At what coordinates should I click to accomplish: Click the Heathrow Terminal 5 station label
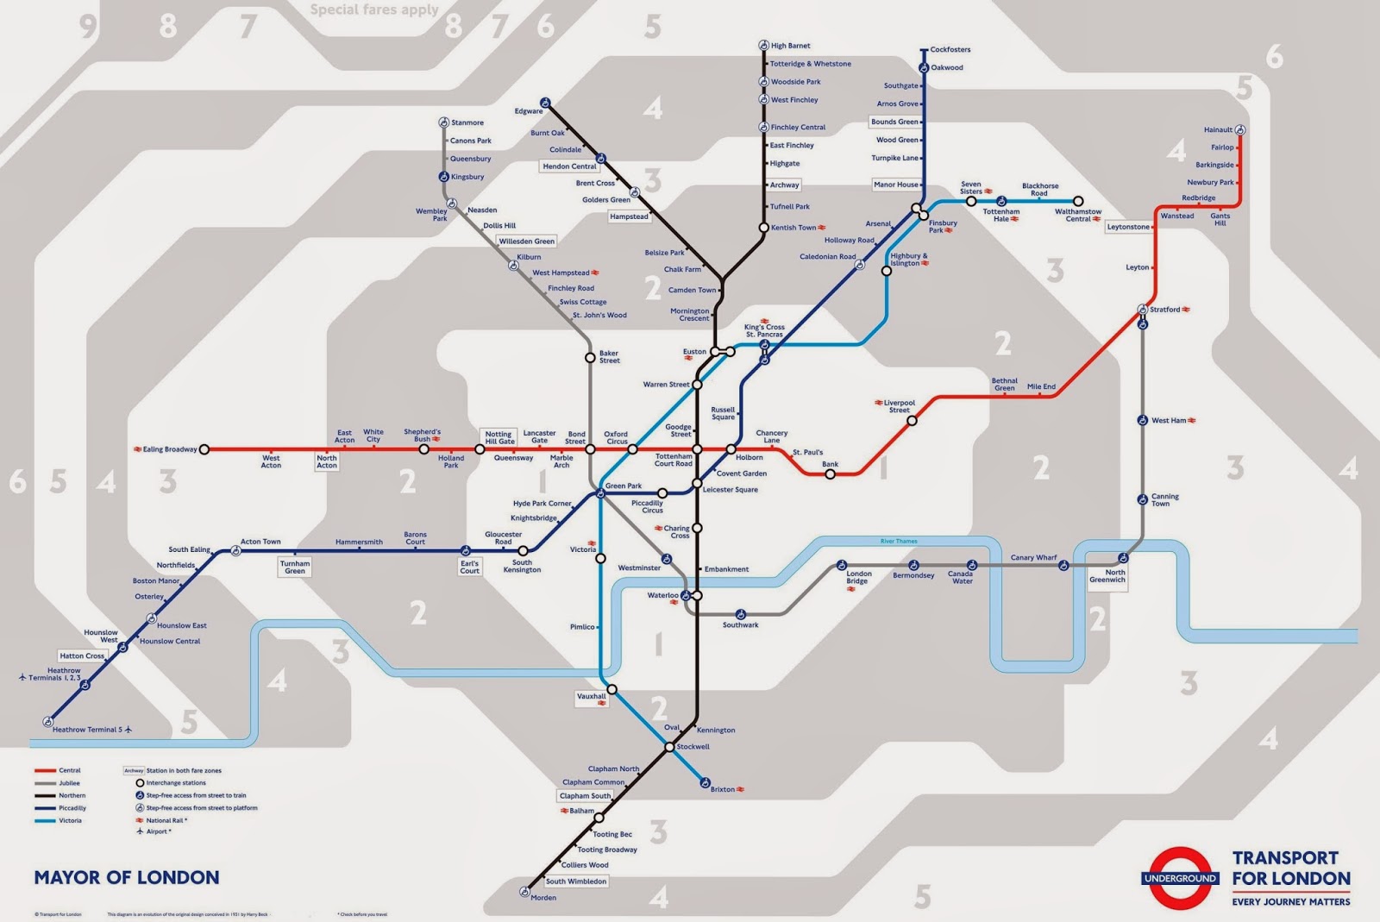point(86,730)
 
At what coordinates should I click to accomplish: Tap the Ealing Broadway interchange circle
point(204,449)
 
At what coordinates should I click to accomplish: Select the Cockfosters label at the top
point(950,50)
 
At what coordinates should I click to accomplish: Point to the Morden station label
point(543,898)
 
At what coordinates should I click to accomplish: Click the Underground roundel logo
point(1179,878)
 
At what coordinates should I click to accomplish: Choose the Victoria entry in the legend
point(70,820)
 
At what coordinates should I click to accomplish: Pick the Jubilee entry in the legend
point(69,783)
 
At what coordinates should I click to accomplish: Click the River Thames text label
point(899,542)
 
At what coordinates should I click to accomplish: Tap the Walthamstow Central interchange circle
point(1077,201)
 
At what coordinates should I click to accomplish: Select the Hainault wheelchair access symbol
point(1240,130)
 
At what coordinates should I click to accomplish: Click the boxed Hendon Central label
point(569,166)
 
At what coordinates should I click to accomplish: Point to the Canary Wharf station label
point(1033,558)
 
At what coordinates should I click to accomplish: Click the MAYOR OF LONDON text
point(127,878)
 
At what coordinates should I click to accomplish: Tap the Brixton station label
point(723,789)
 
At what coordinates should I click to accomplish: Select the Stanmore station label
point(467,122)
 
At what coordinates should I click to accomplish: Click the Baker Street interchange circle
point(590,357)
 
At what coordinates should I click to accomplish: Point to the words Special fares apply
point(374,10)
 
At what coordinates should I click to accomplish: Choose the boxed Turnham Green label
point(295,567)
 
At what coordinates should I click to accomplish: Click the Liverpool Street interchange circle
point(912,421)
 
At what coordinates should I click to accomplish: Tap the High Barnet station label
point(790,46)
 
